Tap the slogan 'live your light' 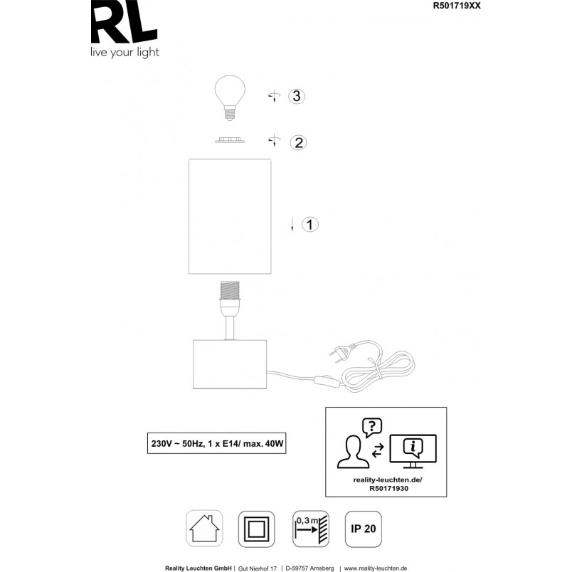(x=125, y=53)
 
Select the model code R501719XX (x=457, y=6)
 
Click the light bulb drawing (x=230, y=97)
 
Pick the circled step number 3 (x=297, y=96)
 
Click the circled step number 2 (x=298, y=142)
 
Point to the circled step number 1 (x=310, y=224)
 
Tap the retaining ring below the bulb (x=230, y=140)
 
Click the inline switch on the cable (x=327, y=381)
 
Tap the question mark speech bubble (x=371, y=428)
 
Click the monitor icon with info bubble (x=413, y=451)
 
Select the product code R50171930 (x=389, y=489)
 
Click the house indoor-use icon (x=204, y=528)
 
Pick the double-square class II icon (x=256, y=529)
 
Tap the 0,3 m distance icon (x=311, y=529)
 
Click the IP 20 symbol (x=364, y=529)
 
